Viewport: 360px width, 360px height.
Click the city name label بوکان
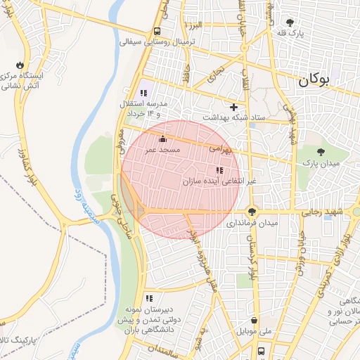coord(314,79)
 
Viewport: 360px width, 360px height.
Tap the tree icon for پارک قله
coord(290,22)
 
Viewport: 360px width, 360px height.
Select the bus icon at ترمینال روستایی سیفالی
coord(156,31)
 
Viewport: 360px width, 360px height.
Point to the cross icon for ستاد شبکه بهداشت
coord(234,107)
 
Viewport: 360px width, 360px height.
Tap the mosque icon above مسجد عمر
coord(163,139)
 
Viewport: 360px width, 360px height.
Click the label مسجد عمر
coord(163,150)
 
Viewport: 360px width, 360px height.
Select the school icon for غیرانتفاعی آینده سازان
coord(219,170)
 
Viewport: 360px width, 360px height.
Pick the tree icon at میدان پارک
coord(321,152)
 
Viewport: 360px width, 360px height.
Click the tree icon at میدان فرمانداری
coord(252,212)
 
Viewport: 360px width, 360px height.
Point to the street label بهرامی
coord(220,148)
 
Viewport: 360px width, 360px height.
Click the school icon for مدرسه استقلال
coord(144,94)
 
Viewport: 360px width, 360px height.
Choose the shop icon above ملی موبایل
coord(254,320)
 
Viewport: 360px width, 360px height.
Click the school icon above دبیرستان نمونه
coord(148,299)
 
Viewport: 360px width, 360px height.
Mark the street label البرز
coord(194,25)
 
